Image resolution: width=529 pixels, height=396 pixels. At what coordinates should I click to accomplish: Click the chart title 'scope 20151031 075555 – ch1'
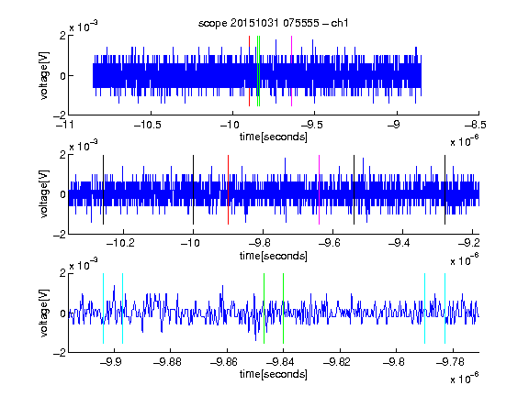273,23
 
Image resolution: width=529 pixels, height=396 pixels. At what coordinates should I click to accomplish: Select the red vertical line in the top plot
249,71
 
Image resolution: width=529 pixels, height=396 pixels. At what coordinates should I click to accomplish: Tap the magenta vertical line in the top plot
291,71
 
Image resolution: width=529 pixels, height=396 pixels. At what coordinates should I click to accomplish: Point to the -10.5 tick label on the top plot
148,125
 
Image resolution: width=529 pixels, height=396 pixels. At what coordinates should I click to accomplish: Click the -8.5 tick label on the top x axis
476,125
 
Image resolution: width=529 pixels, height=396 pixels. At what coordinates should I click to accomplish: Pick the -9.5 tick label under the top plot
312,125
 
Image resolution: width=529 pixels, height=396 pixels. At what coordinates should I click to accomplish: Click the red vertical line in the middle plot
228,190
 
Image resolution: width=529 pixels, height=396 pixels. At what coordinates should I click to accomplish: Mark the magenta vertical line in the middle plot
320,190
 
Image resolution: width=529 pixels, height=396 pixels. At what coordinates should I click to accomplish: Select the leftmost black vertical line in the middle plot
103,190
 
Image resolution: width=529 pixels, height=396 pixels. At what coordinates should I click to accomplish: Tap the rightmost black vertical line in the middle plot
445,190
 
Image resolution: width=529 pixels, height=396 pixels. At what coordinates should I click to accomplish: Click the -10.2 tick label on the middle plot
120,243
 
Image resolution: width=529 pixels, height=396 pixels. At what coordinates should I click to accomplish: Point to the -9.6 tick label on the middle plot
330,243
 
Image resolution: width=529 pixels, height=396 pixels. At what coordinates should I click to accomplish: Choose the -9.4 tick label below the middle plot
400,243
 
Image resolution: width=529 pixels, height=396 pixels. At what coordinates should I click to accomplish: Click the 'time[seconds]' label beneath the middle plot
274,257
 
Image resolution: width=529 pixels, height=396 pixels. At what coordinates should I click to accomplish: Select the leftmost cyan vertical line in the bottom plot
103,308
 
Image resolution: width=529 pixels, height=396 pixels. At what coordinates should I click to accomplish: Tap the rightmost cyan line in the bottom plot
445,308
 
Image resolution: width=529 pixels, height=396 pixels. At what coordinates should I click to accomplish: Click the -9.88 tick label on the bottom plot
168,362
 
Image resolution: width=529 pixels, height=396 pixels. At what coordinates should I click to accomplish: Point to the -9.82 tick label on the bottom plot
337,362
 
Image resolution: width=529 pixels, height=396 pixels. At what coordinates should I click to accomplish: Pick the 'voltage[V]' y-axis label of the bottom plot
44,313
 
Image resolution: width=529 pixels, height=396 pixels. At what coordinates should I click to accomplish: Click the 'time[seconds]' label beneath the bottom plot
274,374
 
